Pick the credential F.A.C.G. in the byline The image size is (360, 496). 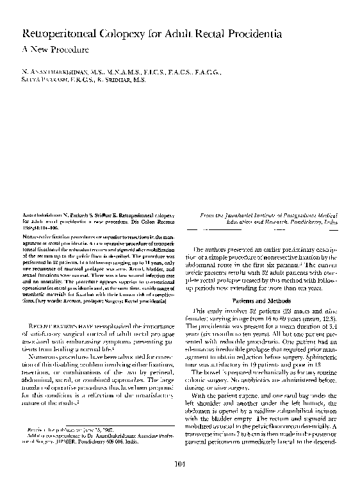(x=206, y=72)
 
